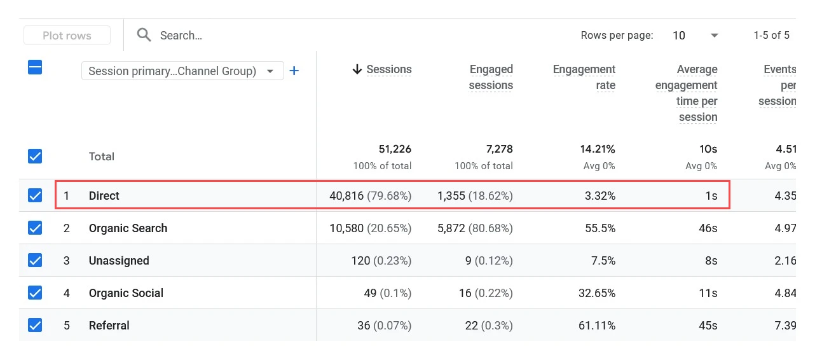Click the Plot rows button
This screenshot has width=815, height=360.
click(x=67, y=36)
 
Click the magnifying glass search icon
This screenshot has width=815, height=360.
click(x=144, y=35)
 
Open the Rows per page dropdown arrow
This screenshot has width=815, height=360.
click(x=714, y=36)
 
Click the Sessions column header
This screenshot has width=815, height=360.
click(x=388, y=69)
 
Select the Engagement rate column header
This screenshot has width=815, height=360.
click(x=584, y=77)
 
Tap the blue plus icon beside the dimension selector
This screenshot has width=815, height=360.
click(x=294, y=71)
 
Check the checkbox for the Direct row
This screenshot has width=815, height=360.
click(x=35, y=196)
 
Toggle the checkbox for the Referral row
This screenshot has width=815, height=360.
click(x=35, y=326)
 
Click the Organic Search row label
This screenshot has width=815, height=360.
click(x=128, y=228)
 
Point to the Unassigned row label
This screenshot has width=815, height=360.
click(x=119, y=261)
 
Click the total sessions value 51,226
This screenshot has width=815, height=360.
click(x=395, y=149)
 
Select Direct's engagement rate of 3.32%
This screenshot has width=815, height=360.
click(x=600, y=196)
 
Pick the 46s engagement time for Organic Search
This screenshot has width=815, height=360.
click(x=708, y=228)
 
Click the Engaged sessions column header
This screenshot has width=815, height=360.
click(x=490, y=77)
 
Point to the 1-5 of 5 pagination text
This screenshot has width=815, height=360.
click(x=771, y=36)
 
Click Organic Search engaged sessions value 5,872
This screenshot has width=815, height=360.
click(x=474, y=228)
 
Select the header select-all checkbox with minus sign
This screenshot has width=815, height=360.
click(x=35, y=67)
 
